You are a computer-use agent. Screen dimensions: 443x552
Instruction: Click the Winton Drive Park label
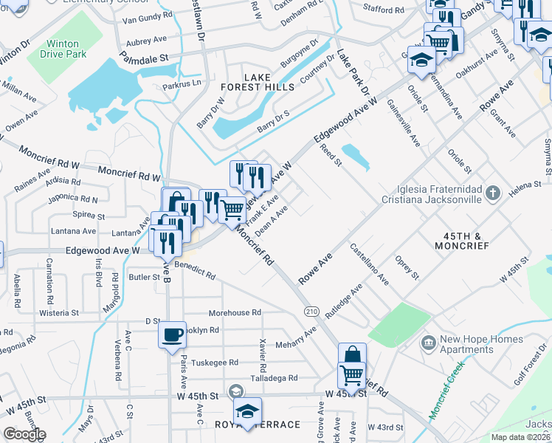[66, 49]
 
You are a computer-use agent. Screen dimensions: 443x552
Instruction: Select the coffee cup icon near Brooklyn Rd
[173, 334]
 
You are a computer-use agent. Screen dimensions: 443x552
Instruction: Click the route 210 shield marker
[311, 312]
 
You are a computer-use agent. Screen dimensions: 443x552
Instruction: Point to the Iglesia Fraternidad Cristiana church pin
[494, 193]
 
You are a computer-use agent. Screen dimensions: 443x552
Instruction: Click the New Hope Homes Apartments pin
[427, 344]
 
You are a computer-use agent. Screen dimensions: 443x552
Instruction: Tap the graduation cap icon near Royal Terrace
[247, 410]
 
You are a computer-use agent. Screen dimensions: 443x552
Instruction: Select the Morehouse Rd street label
[235, 313]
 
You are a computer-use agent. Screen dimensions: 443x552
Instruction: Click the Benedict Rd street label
[195, 269]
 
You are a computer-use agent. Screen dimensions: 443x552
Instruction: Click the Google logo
[24, 434]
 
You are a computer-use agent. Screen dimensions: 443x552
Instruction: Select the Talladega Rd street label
[273, 378]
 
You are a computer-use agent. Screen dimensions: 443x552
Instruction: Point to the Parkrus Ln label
[182, 83]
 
